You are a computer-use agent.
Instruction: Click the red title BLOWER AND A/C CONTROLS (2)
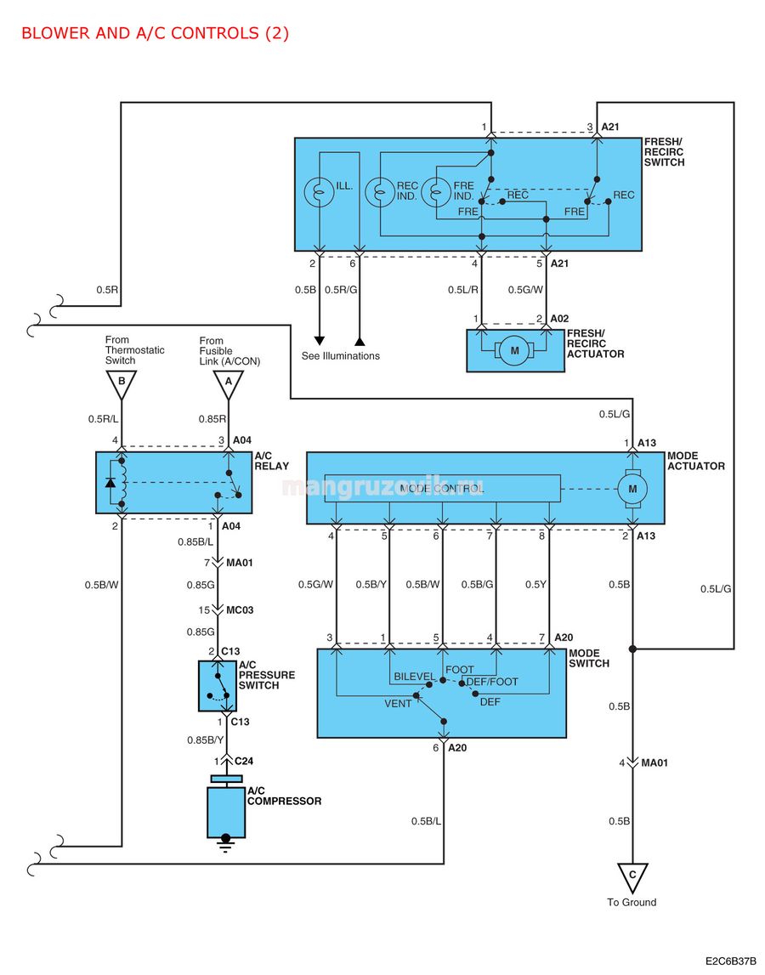[155, 33]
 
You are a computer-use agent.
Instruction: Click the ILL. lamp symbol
[319, 191]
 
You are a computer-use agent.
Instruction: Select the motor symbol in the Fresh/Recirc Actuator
[514, 351]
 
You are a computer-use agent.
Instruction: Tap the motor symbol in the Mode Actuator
[632, 489]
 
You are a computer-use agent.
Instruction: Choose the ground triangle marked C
[632, 877]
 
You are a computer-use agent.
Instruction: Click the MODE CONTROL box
[442, 488]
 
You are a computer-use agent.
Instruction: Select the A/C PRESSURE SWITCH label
[267, 675]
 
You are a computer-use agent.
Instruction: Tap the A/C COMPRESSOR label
[284, 796]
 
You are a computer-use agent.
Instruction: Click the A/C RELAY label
[272, 461]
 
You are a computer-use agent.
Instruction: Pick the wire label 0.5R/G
[341, 290]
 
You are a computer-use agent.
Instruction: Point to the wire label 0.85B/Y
[205, 740]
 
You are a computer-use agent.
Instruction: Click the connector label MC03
[240, 610]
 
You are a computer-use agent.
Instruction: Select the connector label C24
[244, 761]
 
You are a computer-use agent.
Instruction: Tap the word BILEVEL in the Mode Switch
[414, 677]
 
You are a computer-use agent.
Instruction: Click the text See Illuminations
[340, 355]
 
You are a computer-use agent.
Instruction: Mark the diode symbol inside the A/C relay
[110, 483]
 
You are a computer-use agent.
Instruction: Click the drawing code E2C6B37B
[730, 961]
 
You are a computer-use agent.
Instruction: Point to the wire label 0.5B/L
[426, 821]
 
